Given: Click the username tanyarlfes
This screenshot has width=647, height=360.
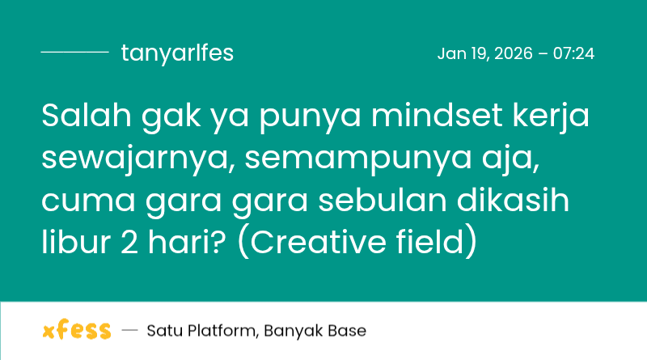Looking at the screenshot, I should tap(177, 53).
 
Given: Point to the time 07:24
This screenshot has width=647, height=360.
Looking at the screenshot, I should tap(574, 54).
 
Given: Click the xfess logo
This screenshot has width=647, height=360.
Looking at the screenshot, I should tap(76, 331).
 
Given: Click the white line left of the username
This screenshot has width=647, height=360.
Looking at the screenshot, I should tap(74, 53).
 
